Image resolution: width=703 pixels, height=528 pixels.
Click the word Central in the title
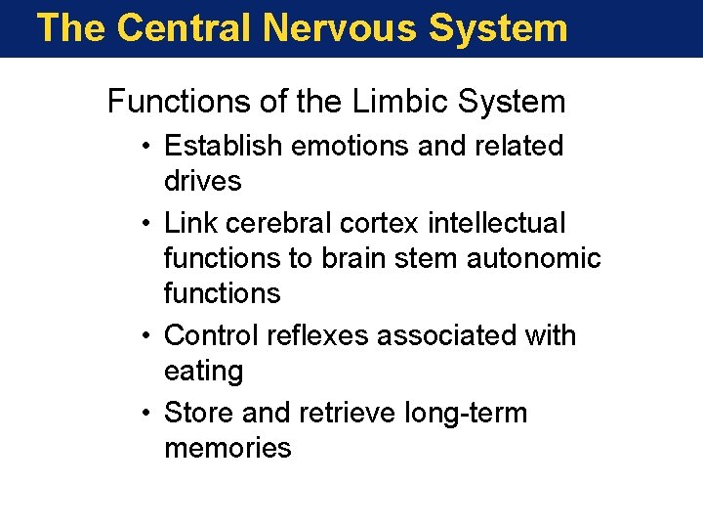(x=185, y=27)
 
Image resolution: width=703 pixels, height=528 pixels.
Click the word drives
(x=202, y=181)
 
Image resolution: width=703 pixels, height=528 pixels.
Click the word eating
(x=203, y=372)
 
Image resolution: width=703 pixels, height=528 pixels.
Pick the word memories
(x=227, y=448)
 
